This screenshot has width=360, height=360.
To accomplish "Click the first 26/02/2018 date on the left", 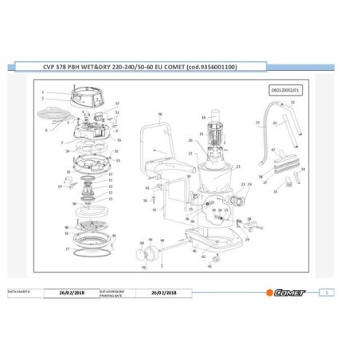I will click(x=72, y=293).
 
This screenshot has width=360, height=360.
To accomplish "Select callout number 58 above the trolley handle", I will click(x=159, y=114).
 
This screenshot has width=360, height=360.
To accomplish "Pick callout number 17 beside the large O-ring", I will click(x=68, y=249).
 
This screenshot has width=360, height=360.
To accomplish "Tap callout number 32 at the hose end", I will click(x=292, y=103).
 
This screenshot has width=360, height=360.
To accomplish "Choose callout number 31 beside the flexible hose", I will click(x=256, y=123).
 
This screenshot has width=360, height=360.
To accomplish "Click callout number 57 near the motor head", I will click(x=116, y=104).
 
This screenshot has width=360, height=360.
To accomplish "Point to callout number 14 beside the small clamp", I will click(x=59, y=187).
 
